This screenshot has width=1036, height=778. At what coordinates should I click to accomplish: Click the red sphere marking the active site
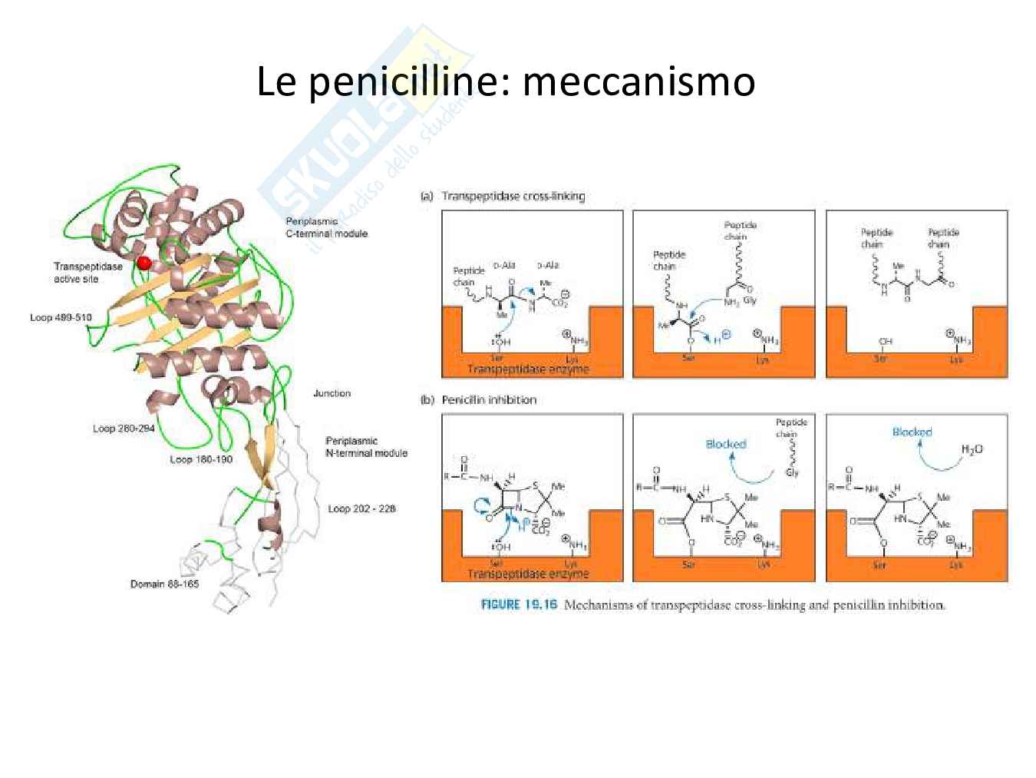tap(144, 263)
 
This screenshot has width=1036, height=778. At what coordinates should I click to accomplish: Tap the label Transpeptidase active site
tap(87, 273)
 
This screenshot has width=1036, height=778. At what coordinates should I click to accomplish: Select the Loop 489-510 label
tap(61, 317)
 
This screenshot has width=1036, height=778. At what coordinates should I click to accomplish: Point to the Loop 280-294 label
tap(124, 429)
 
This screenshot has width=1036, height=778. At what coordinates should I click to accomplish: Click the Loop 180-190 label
tap(200, 459)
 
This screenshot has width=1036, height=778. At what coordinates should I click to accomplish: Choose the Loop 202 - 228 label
tap(362, 508)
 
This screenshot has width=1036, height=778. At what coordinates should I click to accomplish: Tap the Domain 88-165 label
tap(164, 584)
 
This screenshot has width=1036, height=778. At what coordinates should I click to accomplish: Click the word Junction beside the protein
tap(332, 393)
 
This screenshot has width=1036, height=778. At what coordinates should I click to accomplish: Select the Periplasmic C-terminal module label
tap(326, 227)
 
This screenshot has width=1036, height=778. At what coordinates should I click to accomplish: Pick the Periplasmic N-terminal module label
tap(366, 447)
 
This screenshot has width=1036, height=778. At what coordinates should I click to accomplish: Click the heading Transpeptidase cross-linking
tap(513, 196)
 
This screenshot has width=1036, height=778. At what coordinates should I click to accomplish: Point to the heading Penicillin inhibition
tap(489, 399)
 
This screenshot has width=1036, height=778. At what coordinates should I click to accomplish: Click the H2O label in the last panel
tap(972, 449)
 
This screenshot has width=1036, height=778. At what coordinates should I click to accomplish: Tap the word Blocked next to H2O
tap(912, 432)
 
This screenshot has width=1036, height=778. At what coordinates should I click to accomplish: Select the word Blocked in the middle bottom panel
tap(725, 444)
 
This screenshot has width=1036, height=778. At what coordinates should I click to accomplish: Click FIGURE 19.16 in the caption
tap(519, 604)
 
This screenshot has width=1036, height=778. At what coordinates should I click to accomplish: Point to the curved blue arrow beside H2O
tap(935, 459)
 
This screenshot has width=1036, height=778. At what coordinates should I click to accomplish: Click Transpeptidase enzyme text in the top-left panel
tap(528, 369)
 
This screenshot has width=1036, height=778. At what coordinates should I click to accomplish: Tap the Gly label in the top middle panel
tap(750, 300)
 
